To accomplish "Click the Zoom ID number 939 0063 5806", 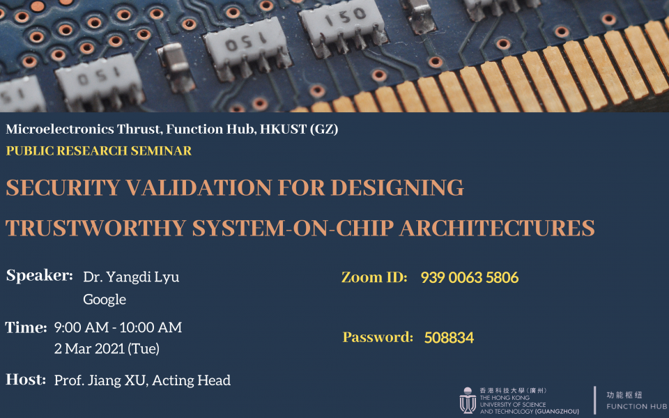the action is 469,278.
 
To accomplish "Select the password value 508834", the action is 449,338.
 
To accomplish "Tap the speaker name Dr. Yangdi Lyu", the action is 131,278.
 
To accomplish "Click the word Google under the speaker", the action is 105,300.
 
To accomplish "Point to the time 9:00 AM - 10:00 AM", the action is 118,327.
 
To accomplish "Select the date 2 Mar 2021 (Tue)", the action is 107,349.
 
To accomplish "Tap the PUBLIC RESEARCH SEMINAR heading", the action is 98,150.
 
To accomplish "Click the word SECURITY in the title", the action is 63,187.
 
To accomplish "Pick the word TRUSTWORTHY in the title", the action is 95,229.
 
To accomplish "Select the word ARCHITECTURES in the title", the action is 497,229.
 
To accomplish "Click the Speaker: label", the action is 39,276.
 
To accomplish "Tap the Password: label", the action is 378,337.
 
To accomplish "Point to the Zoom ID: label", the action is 374,278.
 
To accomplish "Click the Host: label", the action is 26,380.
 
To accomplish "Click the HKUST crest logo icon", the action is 468,400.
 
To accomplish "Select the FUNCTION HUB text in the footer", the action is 636,406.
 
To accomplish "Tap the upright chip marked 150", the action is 344,26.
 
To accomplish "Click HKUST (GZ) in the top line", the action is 299,130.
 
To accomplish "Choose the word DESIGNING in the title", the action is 397,187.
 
